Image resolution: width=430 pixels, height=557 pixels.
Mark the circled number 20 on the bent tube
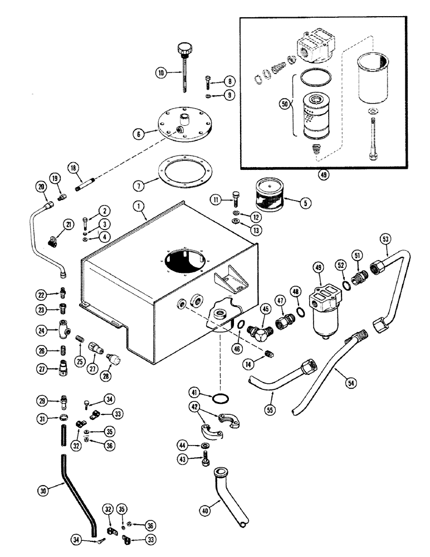click(x=41, y=188)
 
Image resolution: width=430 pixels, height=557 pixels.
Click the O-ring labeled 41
click(x=220, y=398)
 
